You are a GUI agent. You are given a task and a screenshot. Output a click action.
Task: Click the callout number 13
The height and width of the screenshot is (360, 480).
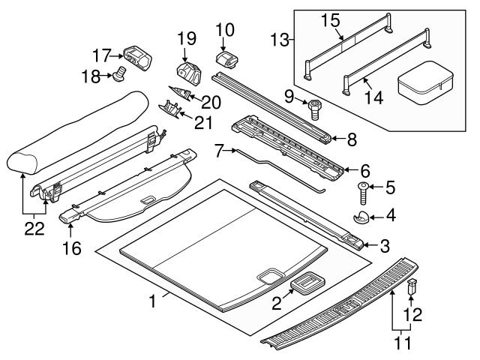(x=280, y=40)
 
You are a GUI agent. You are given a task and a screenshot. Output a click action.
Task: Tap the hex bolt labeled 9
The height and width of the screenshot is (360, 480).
(x=313, y=110)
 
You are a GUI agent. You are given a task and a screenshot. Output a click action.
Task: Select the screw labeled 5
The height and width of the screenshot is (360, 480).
(x=363, y=193)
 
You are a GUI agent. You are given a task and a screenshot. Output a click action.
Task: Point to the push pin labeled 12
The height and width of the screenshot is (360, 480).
(x=412, y=286)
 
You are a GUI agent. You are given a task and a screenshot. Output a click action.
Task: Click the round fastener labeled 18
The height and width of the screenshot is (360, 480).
(x=119, y=73)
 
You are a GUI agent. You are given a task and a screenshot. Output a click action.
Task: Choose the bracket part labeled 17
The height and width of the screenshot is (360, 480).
(x=138, y=58)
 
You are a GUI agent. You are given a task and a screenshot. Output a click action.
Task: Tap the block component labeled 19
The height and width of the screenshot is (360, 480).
(x=189, y=73)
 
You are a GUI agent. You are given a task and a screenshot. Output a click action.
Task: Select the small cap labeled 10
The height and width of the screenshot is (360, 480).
(x=228, y=59)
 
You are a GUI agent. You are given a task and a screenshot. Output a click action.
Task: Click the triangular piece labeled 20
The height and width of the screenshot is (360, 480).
(x=180, y=92)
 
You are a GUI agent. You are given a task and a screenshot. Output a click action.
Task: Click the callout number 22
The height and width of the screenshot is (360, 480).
(x=34, y=229)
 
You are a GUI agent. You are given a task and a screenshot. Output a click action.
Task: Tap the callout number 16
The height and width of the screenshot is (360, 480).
(x=72, y=248)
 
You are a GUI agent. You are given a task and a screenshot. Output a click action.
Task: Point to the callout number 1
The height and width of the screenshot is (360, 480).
(x=152, y=301)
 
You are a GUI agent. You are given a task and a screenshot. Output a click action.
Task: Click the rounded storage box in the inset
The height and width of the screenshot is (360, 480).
(x=426, y=82)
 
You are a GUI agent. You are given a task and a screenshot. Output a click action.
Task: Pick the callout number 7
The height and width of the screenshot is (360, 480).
(x=218, y=151)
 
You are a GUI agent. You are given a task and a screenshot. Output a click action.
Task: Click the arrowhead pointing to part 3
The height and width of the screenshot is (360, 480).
(x=367, y=245)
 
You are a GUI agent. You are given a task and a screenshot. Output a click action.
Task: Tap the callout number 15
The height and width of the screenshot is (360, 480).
(x=331, y=20)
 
